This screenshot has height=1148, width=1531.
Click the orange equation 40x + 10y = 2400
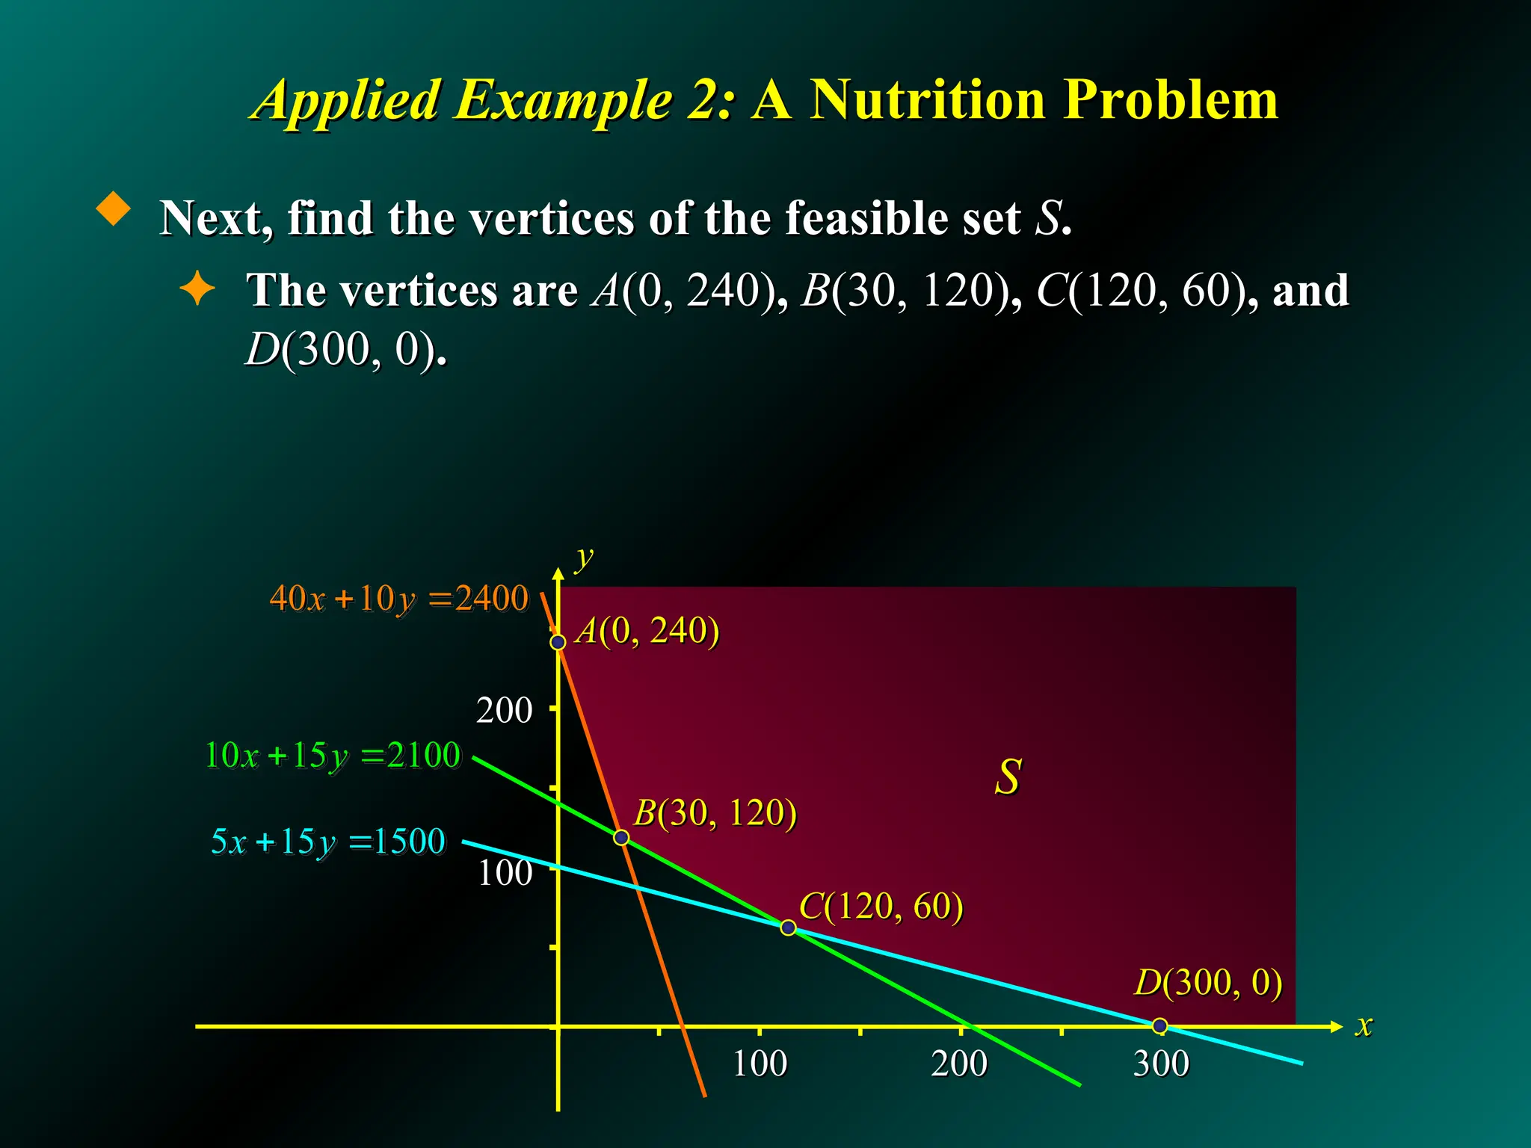[x=398, y=599]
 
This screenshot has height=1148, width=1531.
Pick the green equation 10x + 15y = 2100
[x=333, y=755]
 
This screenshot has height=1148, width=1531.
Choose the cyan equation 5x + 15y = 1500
[x=328, y=842]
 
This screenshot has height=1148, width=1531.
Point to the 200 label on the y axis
[x=504, y=710]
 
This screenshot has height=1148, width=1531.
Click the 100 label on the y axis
[x=505, y=872]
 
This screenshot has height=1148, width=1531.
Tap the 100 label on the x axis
[x=760, y=1064]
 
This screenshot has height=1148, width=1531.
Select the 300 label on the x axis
[x=1160, y=1064]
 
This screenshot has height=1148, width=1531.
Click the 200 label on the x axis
[x=959, y=1064]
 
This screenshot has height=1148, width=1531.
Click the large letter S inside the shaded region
[x=1008, y=777]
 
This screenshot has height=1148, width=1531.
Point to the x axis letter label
[x=1364, y=1025]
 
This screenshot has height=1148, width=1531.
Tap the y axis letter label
[x=583, y=558]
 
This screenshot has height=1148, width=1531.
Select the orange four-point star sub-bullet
[x=197, y=288]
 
